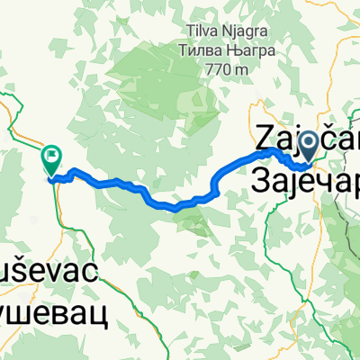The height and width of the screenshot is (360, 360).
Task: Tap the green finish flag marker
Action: coord(51,160)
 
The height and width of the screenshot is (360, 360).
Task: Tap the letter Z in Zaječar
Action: coord(267,136)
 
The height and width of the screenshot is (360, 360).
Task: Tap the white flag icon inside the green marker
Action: coord(52,158)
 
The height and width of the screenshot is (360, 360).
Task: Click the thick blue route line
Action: coord(135,187)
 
